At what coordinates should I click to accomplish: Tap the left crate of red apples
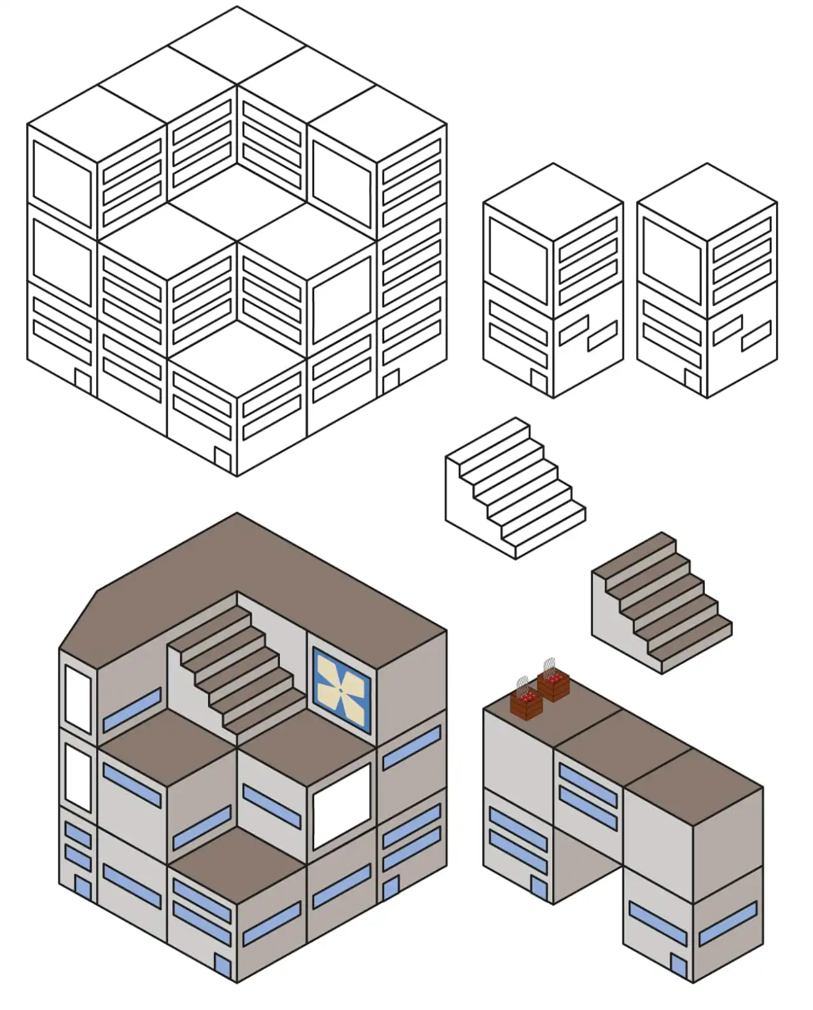click(527, 703)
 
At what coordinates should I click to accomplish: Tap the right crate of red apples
click(553, 686)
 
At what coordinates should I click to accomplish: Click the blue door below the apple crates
click(538, 889)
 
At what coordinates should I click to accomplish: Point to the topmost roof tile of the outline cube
click(237, 45)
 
